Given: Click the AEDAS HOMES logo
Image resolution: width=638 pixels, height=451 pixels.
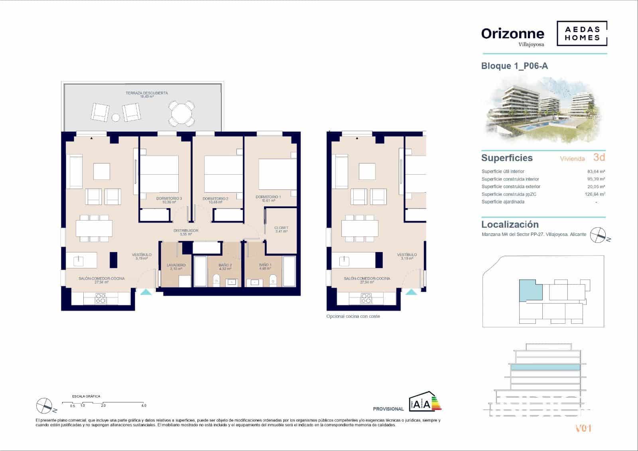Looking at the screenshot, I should pyautogui.click(x=582, y=33).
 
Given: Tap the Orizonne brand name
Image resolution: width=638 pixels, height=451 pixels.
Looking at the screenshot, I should pyautogui.click(x=512, y=34).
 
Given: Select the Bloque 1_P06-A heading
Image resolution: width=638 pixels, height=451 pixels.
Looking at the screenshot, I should pyautogui.click(x=514, y=66).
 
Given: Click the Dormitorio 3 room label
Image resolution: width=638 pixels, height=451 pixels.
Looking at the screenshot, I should pyautogui.click(x=169, y=198).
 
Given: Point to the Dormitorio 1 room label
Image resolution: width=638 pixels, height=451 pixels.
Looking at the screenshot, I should pyautogui.click(x=268, y=197).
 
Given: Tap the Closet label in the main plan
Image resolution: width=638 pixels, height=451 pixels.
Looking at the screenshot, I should pyautogui.click(x=281, y=228).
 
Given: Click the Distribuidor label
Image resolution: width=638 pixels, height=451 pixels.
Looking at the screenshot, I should pyautogui.click(x=186, y=231).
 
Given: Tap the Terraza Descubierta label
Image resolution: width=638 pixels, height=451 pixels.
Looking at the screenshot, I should pyautogui.click(x=147, y=93).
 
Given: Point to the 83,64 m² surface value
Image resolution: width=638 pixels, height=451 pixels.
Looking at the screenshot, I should pyautogui.click(x=596, y=171).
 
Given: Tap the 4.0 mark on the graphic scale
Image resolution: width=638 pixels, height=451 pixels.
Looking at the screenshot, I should pyautogui.click(x=144, y=406).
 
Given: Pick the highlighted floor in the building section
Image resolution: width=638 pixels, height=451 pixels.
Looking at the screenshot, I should pyautogui.click(x=545, y=367).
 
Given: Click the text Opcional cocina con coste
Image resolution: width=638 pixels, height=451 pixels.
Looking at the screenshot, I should pyautogui.click(x=353, y=316).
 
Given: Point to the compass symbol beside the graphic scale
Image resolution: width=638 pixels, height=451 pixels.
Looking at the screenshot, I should pyautogui.click(x=45, y=406).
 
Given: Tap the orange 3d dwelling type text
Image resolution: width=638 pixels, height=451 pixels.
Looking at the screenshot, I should pyautogui.click(x=599, y=157).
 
